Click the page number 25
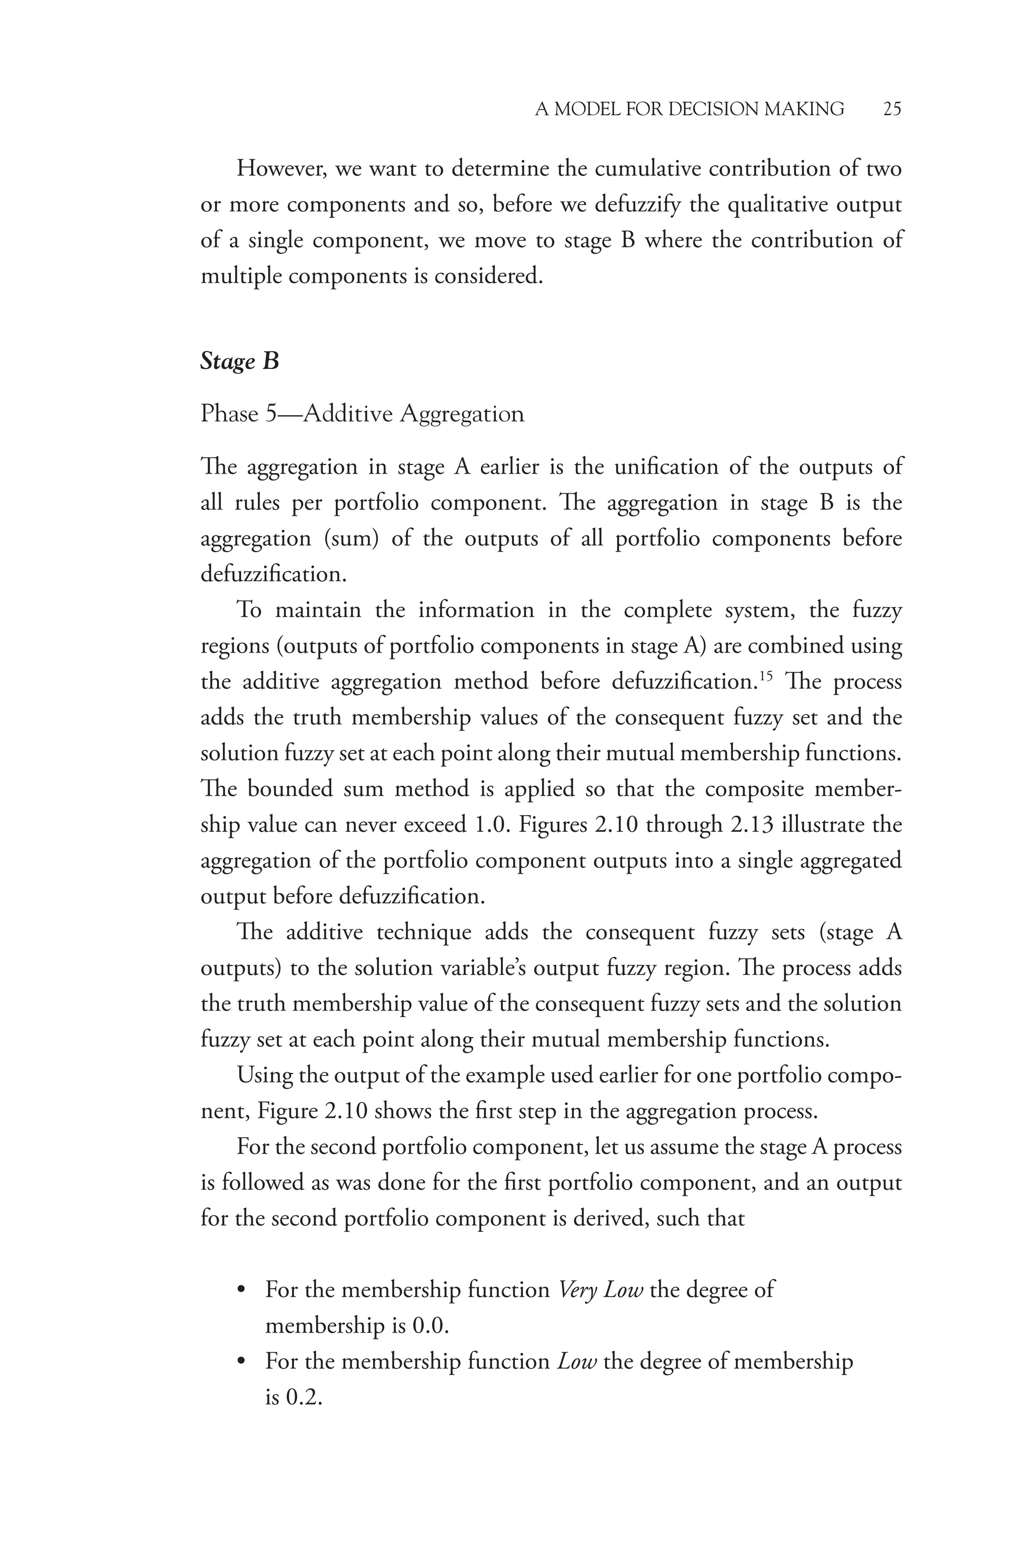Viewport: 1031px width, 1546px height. click(892, 109)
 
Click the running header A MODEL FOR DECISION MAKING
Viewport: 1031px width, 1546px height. click(689, 109)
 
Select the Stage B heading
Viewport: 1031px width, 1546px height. click(239, 361)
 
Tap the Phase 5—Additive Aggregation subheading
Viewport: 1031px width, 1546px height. click(362, 414)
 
